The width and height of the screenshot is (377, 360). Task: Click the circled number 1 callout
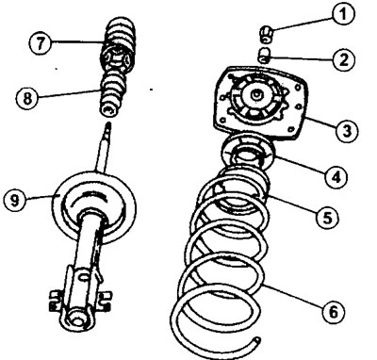[x=343, y=13]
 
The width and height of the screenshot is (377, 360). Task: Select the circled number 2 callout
[x=344, y=59]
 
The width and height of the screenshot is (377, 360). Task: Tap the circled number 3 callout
[x=346, y=131]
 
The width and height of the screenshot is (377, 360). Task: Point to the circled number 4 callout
[x=336, y=177]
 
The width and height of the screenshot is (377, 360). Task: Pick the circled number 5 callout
[x=328, y=217]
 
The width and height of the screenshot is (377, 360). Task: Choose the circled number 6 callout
[x=334, y=312]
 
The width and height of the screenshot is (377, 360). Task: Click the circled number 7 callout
[x=41, y=43]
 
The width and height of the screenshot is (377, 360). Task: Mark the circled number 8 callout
[x=27, y=98]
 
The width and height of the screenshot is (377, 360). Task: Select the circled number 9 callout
[x=15, y=200]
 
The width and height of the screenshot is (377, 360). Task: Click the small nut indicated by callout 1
[x=267, y=34]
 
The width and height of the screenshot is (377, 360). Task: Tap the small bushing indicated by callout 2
[x=265, y=55]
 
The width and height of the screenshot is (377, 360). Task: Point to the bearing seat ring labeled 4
[x=247, y=153]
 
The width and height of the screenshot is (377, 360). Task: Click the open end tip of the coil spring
[x=257, y=339]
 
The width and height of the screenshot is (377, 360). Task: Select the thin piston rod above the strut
[x=103, y=148]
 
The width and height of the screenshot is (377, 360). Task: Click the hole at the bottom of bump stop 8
[x=109, y=109]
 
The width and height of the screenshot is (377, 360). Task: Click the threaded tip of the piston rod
[x=108, y=125]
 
